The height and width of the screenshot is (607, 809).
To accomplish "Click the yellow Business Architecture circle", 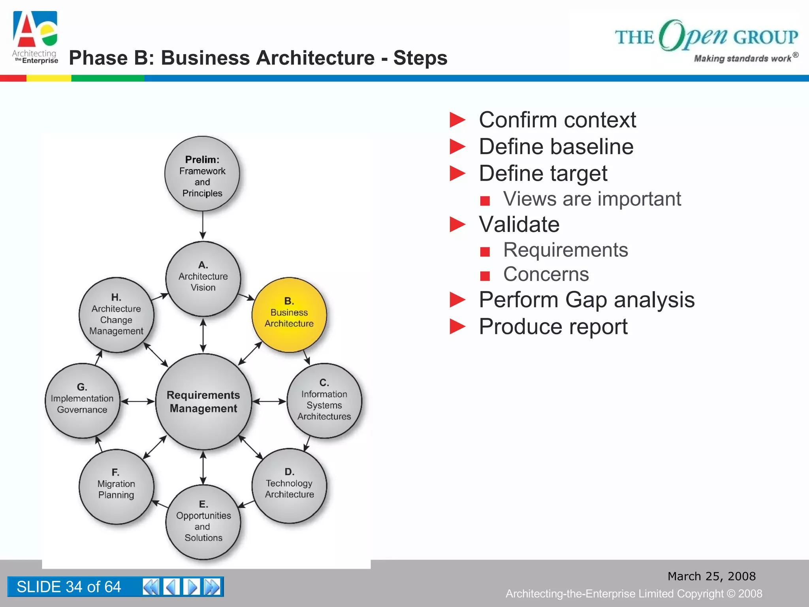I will click(x=289, y=315).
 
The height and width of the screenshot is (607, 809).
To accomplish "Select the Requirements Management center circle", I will click(x=203, y=402).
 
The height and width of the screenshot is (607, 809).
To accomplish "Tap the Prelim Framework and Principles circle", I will click(x=202, y=174).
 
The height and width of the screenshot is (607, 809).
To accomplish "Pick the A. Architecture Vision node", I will click(x=203, y=279).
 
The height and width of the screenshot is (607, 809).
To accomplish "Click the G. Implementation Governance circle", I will click(x=82, y=400).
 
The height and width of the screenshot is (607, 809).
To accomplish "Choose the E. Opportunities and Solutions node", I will click(x=203, y=522).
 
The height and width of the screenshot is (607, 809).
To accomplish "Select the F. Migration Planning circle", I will click(x=116, y=486).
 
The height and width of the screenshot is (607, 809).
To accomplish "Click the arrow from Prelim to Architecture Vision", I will click(x=203, y=225).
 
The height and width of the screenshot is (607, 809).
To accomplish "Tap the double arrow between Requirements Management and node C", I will click(x=269, y=402).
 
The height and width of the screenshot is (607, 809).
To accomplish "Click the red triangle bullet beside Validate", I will click(x=457, y=224).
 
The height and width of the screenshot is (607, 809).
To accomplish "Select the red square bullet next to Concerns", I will click(x=485, y=275).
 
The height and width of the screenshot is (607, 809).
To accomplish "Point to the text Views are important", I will click(x=592, y=199).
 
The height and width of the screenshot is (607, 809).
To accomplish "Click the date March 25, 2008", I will click(x=711, y=576).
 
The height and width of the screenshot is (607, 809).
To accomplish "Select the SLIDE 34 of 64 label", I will click(x=69, y=587).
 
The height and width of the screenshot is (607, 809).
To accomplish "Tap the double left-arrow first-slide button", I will click(x=151, y=587).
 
